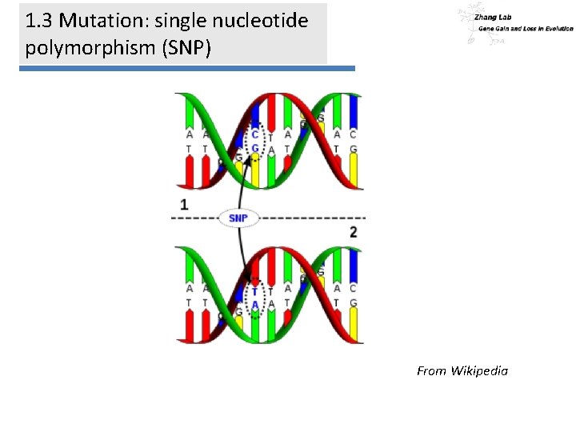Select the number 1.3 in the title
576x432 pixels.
point(41,21)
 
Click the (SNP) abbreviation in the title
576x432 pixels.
point(186,47)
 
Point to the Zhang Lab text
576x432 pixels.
point(493,17)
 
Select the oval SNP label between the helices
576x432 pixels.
point(238,218)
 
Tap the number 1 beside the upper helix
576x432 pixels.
point(185,205)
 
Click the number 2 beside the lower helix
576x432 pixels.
point(353,232)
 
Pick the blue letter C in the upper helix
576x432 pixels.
point(255,135)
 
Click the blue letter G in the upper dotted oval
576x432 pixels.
point(255,149)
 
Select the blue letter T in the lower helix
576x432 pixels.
point(255,290)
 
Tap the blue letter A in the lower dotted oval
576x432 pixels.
point(255,304)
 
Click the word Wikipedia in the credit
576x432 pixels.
point(479,370)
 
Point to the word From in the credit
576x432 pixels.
point(431,370)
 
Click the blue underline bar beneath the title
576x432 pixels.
point(186,69)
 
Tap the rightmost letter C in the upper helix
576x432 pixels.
point(353,135)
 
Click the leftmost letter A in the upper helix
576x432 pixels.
point(190,135)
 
